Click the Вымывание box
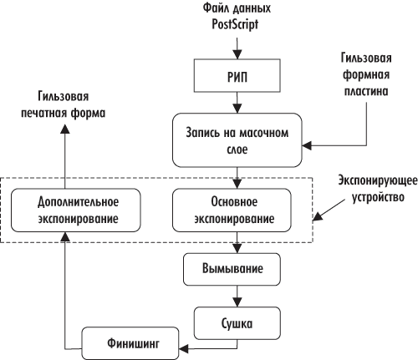[238, 271]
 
